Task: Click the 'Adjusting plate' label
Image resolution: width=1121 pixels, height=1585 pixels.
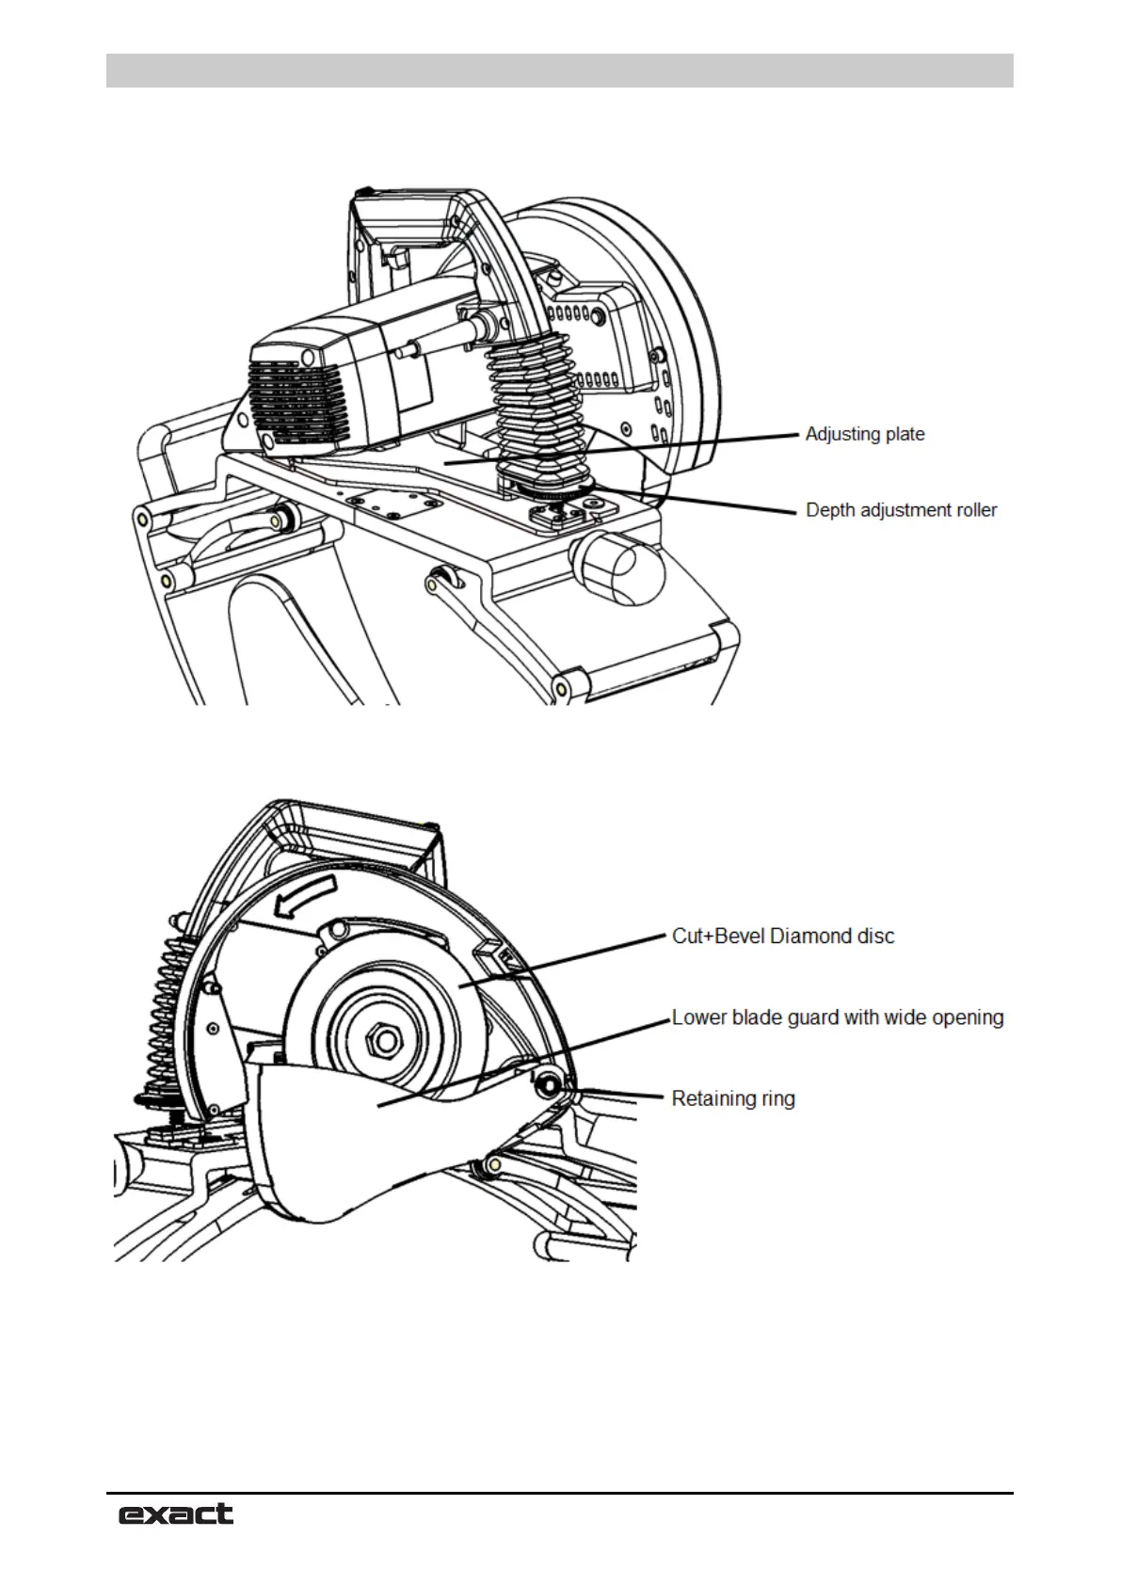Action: click(864, 434)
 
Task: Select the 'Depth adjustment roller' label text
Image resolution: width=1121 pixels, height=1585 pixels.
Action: click(901, 510)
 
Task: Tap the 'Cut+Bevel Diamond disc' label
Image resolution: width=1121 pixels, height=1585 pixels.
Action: click(783, 937)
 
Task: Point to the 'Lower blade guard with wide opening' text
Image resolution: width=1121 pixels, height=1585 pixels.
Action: click(837, 1017)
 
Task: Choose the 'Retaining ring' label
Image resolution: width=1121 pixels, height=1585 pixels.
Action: click(732, 1098)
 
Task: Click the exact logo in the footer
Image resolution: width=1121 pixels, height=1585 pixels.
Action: click(175, 1513)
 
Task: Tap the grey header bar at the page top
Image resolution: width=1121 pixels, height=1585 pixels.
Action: click(559, 71)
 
